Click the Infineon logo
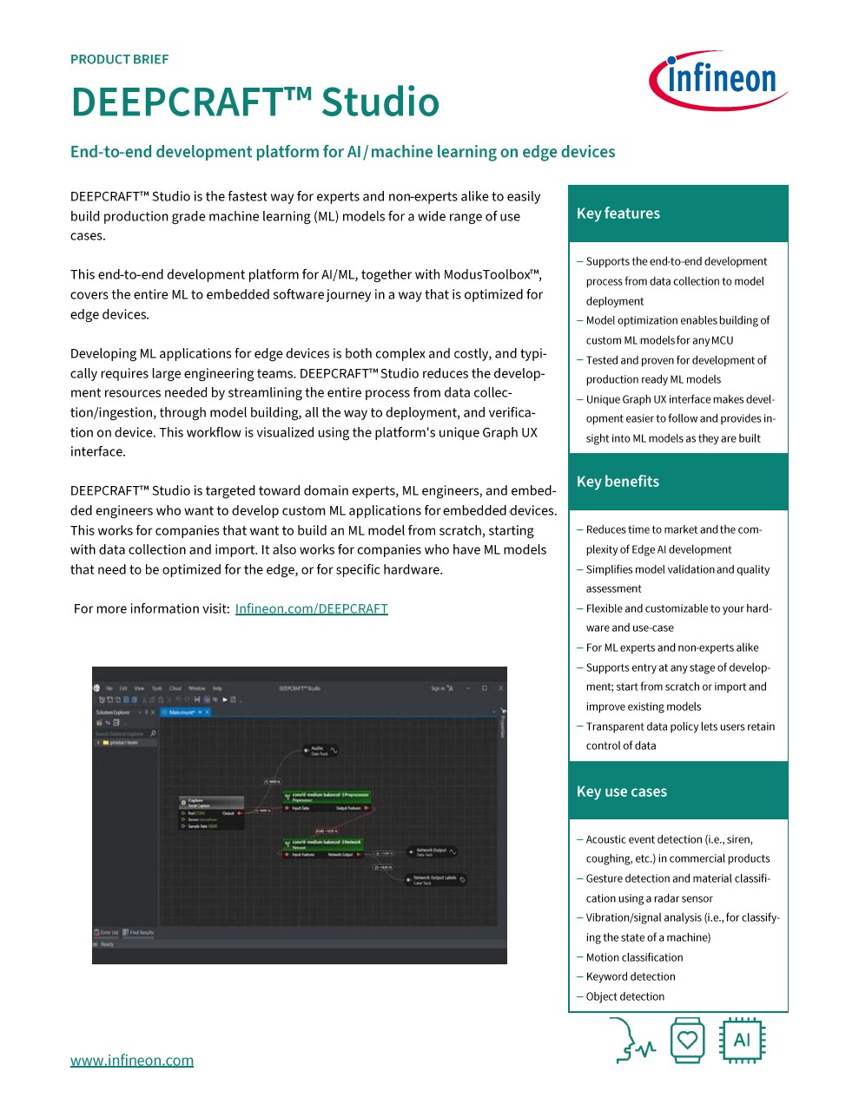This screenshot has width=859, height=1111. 718,80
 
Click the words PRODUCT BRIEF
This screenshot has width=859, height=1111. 119,59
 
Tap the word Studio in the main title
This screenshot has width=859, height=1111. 380,102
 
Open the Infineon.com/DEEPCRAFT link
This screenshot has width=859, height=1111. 311,608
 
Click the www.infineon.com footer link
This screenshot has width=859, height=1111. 132,1060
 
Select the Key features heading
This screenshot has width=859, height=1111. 618,214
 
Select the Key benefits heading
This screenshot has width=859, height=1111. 618,482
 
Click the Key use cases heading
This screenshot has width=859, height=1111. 622,792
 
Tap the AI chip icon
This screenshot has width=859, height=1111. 742,1040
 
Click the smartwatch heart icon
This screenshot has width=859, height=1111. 687,1040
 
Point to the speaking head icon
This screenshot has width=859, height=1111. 631,1041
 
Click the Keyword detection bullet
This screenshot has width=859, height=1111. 631,976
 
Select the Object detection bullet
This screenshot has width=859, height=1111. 625,996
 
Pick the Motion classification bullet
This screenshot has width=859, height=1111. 634,957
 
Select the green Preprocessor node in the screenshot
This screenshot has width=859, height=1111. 327,795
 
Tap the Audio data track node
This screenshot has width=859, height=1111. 319,750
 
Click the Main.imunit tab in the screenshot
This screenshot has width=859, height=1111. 184,712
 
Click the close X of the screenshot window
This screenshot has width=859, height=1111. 500,688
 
